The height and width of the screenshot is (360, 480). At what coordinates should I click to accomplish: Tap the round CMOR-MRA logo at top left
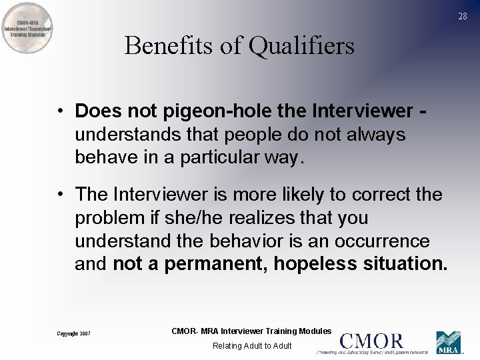click(x=28, y=29)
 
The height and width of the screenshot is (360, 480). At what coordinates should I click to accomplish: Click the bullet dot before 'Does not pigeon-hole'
click(x=60, y=109)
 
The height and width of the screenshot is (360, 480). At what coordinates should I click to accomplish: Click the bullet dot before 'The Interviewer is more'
click(x=60, y=195)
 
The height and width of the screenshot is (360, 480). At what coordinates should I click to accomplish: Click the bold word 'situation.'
click(x=405, y=264)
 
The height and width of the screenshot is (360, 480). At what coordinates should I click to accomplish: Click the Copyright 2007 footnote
click(x=73, y=333)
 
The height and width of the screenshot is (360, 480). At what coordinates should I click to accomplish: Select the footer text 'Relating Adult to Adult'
click(x=252, y=345)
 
